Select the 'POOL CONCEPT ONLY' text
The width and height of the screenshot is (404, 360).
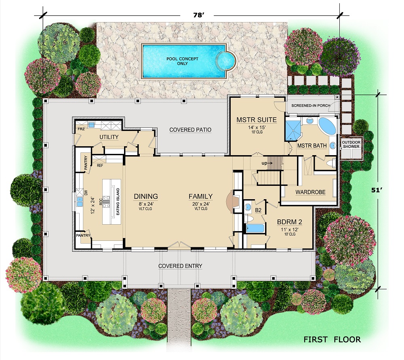[x=183, y=61]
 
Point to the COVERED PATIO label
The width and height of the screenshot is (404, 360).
[x=190, y=130]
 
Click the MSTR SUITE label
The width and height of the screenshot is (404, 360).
[x=257, y=120]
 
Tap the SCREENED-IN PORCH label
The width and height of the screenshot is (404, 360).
[x=311, y=106]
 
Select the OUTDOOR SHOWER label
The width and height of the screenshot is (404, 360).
[x=351, y=144]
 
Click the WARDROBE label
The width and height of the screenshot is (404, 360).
[x=310, y=192]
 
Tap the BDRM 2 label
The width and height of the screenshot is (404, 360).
[x=290, y=222]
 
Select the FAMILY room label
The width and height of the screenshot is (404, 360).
[x=200, y=197]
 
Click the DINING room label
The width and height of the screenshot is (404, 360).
[x=146, y=197]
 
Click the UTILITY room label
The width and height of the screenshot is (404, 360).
[x=109, y=137]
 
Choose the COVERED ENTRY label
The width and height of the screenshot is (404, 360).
[x=180, y=266]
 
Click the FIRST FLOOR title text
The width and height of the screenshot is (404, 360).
[x=332, y=339]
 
